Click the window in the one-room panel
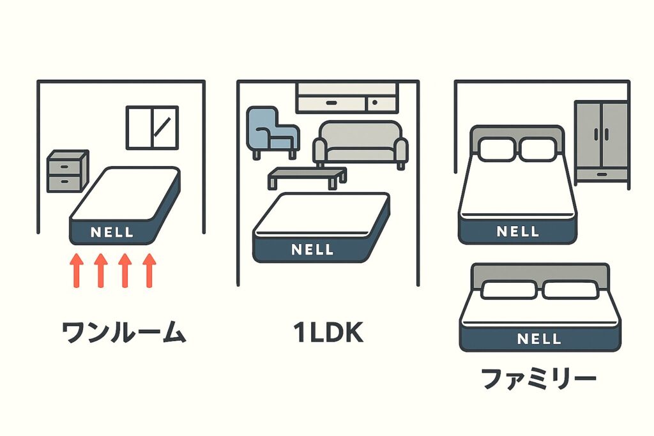click(x=152, y=128)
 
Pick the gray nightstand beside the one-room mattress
click(x=67, y=172)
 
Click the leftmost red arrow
click(x=76, y=270)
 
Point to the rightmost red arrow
click(x=149, y=270)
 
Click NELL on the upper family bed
click(x=517, y=231)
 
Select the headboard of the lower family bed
click(x=539, y=272)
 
